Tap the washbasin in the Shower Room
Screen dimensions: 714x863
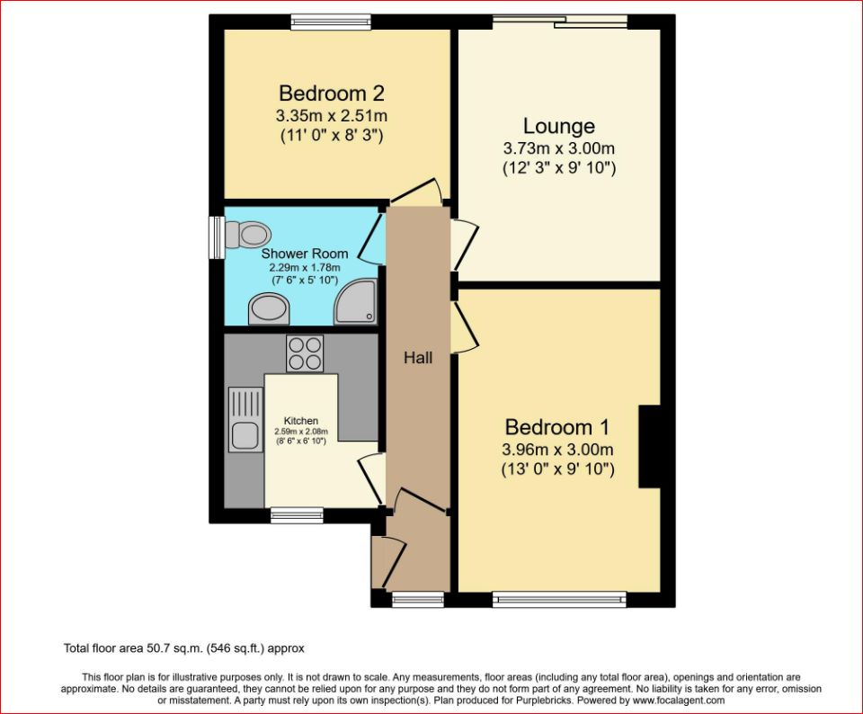tap(268, 311)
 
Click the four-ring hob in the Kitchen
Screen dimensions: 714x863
tap(304, 353)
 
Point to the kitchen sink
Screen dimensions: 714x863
tap(244, 423)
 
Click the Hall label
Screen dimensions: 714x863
tap(417, 358)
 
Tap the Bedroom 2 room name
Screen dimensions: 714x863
tap(333, 94)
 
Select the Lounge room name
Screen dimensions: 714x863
tap(558, 126)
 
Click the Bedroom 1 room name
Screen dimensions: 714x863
tap(557, 427)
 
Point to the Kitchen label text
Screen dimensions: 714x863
tap(301, 421)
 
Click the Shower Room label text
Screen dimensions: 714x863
tap(305, 254)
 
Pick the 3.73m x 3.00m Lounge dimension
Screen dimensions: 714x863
tap(558, 148)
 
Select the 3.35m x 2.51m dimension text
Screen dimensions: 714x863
tap(333, 116)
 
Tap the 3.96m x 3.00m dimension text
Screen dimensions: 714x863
tap(557, 450)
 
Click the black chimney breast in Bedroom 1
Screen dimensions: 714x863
tap(649, 447)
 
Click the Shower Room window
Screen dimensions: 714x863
tap(217, 237)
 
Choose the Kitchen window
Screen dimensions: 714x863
tap(297, 514)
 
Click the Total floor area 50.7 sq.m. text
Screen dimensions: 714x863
tap(185, 647)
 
